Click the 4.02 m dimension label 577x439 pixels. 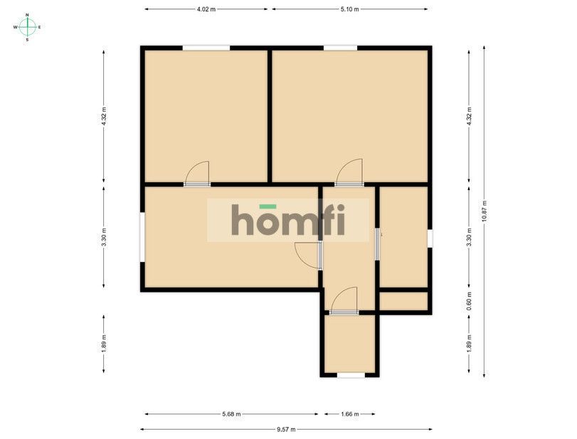coord(206,9)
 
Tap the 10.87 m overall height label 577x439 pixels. coord(485,211)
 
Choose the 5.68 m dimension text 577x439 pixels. coord(231,413)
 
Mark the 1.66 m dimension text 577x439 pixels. coord(349,413)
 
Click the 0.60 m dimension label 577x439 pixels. coord(468,302)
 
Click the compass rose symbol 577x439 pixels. coord(27,27)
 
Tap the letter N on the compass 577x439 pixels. coord(27,15)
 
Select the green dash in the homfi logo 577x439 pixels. coord(267,206)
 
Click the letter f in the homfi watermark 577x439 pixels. coord(326,221)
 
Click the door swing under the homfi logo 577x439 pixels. coord(308,254)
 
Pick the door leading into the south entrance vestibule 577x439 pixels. coord(344,300)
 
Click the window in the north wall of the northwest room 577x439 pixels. coord(206,48)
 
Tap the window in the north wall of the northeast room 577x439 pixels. coord(340,48)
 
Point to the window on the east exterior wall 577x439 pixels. coord(430,238)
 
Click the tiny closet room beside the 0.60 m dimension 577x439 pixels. coord(403,302)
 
